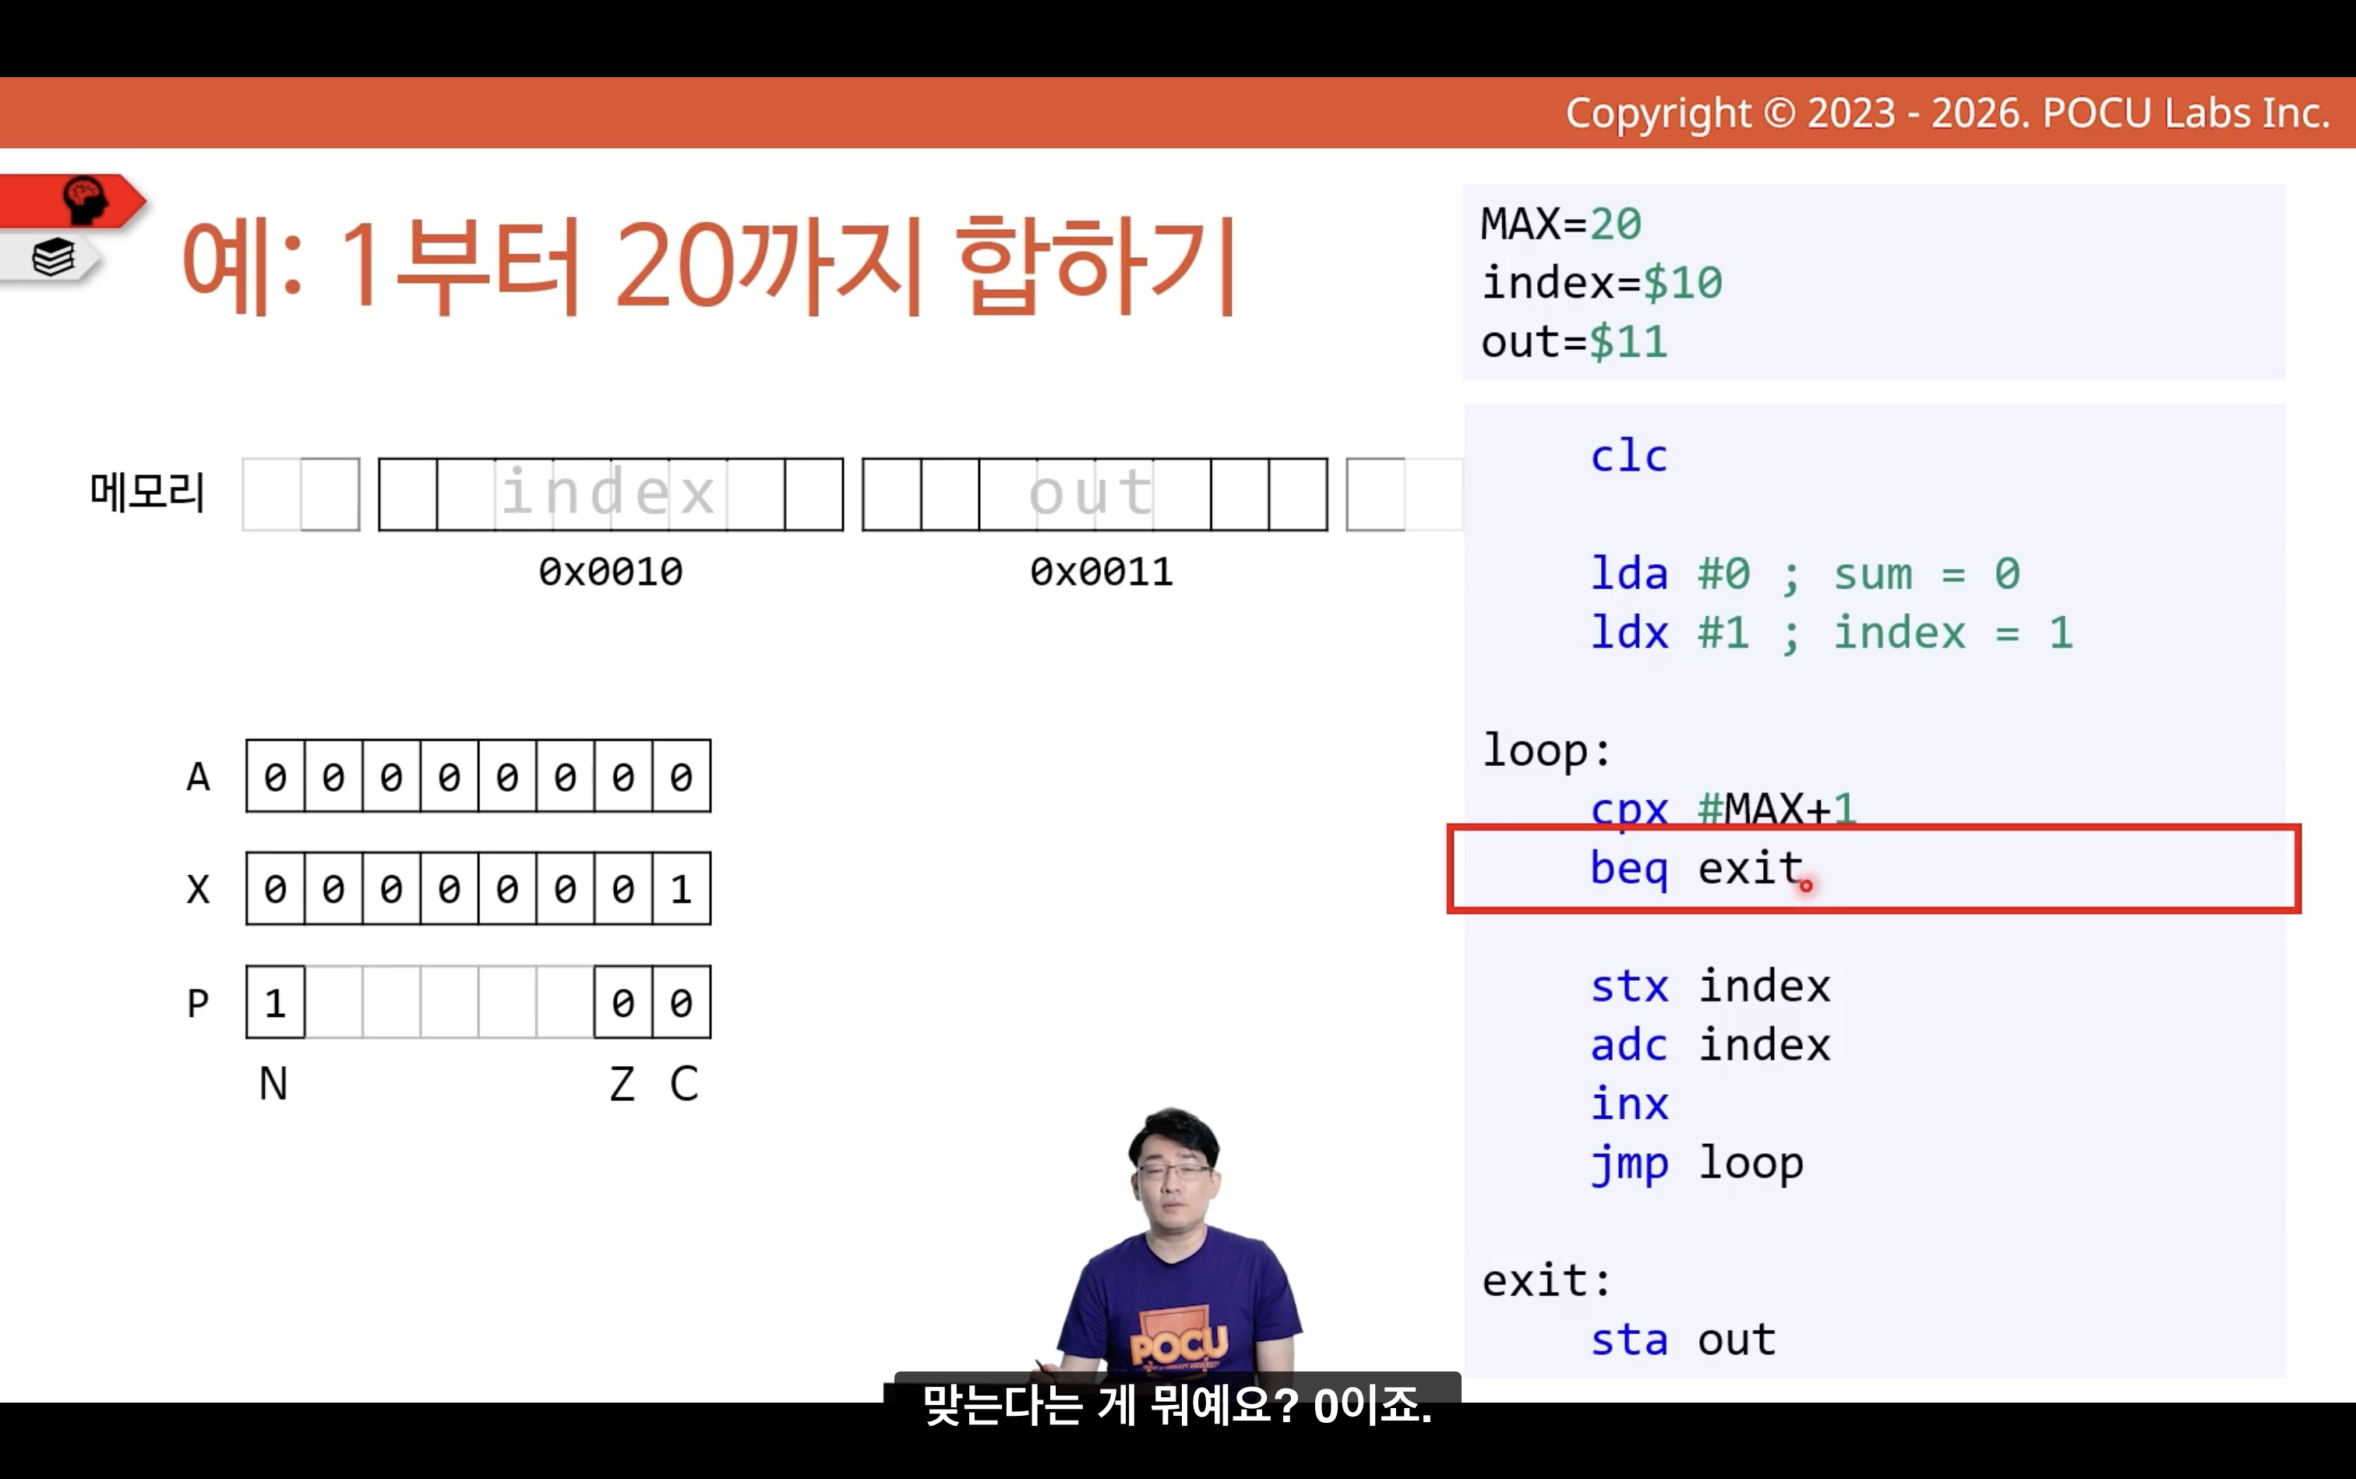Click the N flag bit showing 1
pos(275,1001)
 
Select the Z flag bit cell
pos(623,1001)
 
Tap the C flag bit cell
pos(682,1001)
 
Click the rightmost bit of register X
pos(682,888)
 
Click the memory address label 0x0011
pos(1101,571)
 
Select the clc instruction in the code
pos(1628,456)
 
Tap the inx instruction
pos(1628,1103)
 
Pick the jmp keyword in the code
pos(1628,1164)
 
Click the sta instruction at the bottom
pos(1628,1339)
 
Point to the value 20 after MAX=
pos(1614,224)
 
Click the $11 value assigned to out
pos(1628,342)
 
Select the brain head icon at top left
pos(85,199)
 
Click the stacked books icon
pos(53,258)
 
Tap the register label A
pos(198,777)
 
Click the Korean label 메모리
pos(146,491)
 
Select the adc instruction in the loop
pos(1628,1045)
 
